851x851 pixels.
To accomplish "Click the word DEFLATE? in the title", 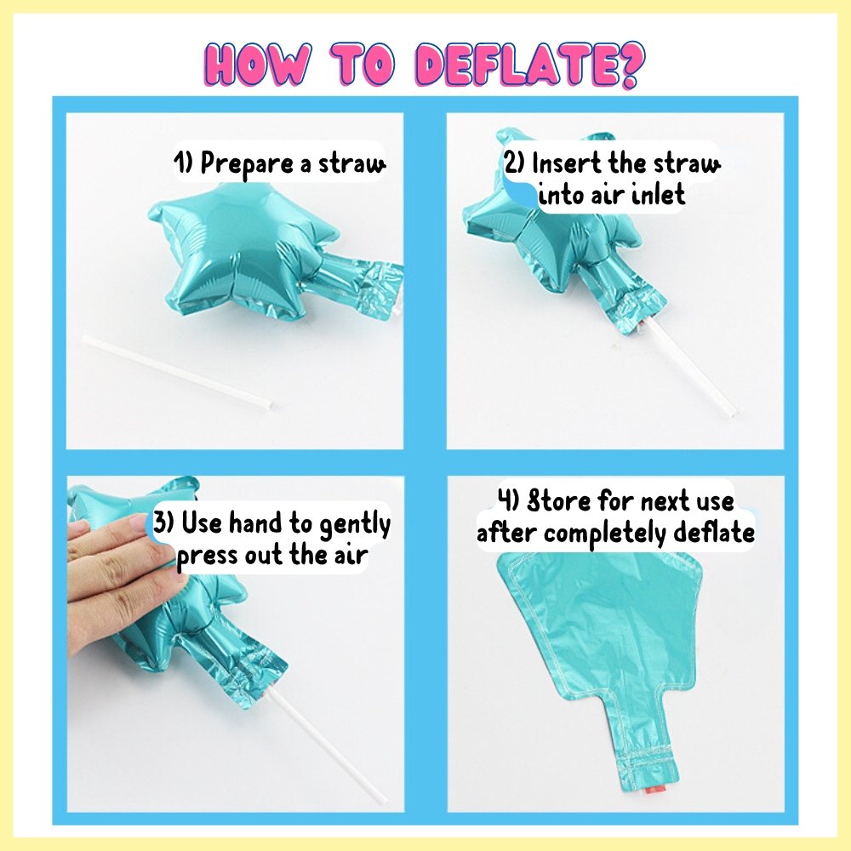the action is pos(533,66).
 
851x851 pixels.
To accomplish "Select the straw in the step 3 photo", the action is pos(327,747).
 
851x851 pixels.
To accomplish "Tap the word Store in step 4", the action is pos(561,501).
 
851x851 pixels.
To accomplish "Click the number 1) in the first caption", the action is pos(184,163).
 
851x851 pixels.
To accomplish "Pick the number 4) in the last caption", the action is pos(510,500).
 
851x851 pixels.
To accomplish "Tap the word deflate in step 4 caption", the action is pos(714,533).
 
